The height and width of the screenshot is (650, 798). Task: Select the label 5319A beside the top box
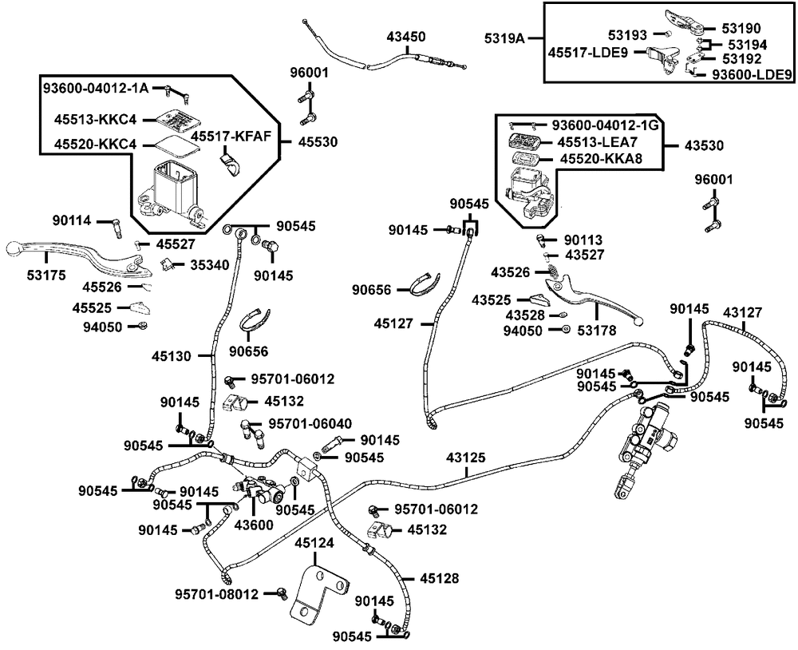[504, 38]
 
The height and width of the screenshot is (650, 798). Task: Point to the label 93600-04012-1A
[96, 88]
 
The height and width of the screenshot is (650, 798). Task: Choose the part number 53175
[46, 275]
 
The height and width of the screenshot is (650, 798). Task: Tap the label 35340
[210, 265]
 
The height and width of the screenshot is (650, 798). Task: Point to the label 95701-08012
[217, 594]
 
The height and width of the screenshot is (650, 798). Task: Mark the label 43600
[254, 524]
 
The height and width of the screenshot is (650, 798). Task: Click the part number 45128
[439, 578]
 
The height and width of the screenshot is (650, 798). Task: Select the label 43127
[742, 311]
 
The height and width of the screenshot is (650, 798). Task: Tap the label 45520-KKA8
[601, 159]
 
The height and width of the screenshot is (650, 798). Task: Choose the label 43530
[704, 145]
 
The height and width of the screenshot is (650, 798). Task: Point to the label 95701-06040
[310, 424]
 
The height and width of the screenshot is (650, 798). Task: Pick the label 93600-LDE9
[753, 74]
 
